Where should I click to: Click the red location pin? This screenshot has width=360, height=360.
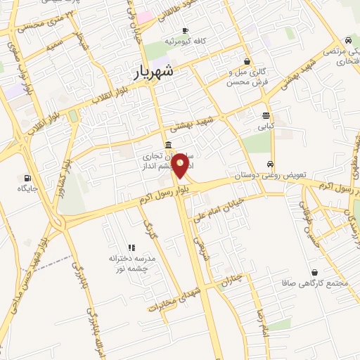[181, 165]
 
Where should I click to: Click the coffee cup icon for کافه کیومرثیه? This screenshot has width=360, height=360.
[186, 30]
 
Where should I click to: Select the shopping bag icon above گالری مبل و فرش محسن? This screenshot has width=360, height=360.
[247, 61]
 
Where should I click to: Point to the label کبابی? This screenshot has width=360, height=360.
[265, 127]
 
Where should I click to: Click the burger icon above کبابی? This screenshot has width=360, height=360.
[265, 116]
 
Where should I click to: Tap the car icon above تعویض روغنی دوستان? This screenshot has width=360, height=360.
[271, 164]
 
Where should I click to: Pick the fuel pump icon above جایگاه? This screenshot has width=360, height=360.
[27, 178]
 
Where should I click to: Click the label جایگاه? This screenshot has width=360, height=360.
[27, 188]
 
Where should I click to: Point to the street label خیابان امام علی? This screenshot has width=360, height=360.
[224, 202]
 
